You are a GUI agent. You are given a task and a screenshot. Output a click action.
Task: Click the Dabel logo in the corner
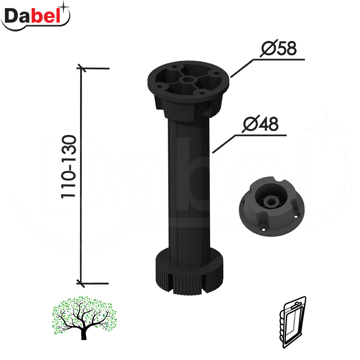click(x=36, y=16)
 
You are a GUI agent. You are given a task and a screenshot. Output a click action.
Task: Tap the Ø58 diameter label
click(x=279, y=48)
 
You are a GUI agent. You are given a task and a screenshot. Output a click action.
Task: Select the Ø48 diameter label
click(x=261, y=124)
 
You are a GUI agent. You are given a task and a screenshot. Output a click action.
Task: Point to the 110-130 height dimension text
click(x=69, y=166)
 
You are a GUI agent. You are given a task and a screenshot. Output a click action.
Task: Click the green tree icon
click(x=84, y=318)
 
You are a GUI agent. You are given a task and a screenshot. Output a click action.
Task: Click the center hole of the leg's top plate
click(x=188, y=81)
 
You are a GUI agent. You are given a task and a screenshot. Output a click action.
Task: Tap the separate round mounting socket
click(x=272, y=206)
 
